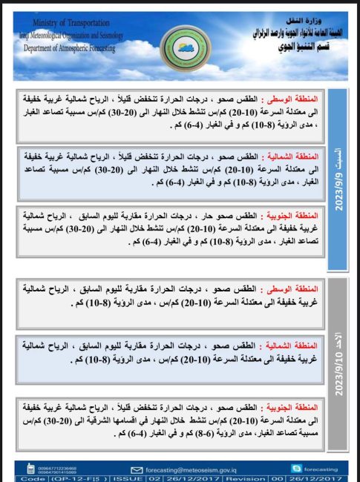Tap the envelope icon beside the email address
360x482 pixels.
coord(137,469)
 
